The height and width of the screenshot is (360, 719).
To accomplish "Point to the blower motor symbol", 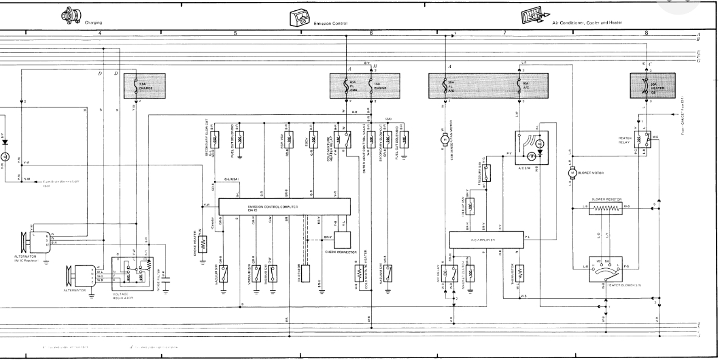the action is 572,173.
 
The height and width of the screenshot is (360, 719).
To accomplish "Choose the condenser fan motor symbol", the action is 443,140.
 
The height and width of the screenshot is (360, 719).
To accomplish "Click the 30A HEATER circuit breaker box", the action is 647,85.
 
